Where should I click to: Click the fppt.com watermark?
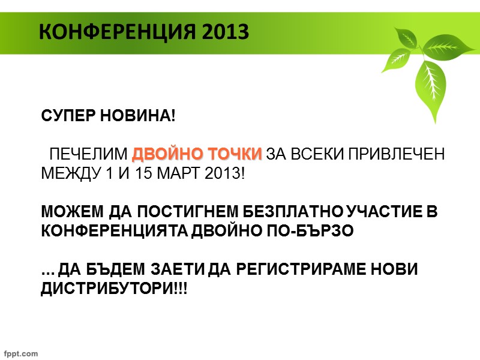pos(21,353)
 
